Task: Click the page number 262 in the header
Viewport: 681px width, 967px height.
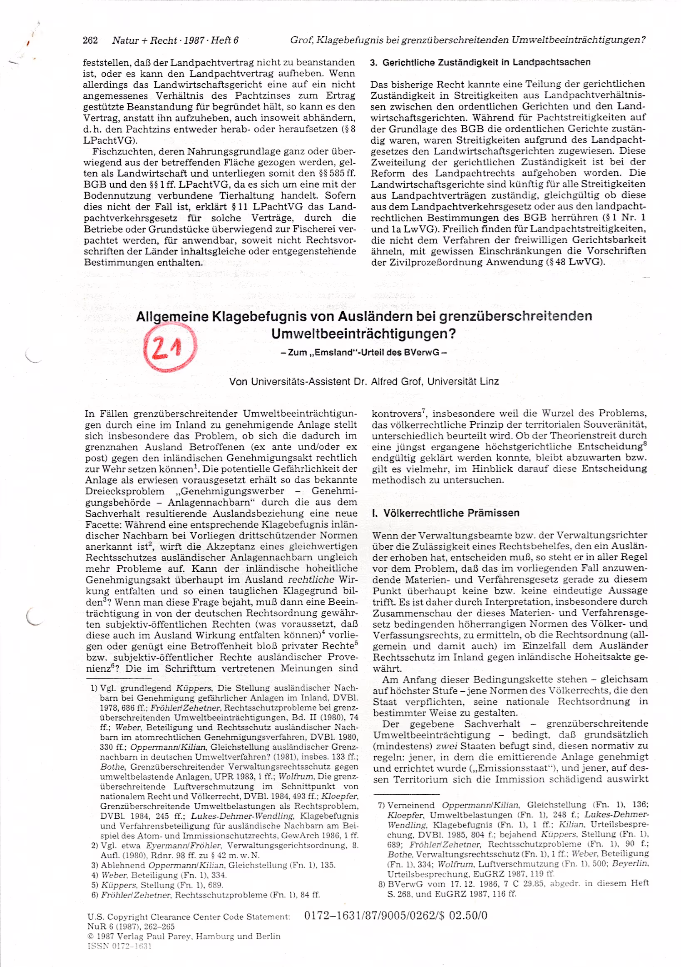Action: pos(90,40)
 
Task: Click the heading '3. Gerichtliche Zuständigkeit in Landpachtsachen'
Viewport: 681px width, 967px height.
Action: pos(480,62)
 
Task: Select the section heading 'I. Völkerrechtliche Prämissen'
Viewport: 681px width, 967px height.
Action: pos(446,513)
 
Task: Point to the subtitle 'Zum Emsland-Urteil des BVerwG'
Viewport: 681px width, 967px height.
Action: pos(363,352)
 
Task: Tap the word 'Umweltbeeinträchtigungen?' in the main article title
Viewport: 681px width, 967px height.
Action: pos(363,334)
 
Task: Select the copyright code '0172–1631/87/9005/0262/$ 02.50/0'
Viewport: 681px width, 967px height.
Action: pos(395,915)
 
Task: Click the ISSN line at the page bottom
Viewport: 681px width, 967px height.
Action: pos(119,946)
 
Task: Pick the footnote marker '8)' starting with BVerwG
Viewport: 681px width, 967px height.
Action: pos(381,883)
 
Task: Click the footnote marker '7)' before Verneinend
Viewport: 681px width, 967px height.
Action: pos(381,805)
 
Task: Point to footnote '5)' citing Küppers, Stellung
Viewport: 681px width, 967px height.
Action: pos(95,885)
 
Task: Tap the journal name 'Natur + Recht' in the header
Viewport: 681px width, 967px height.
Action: pos(144,40)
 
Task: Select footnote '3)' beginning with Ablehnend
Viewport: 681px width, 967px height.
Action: pos(95,865)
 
